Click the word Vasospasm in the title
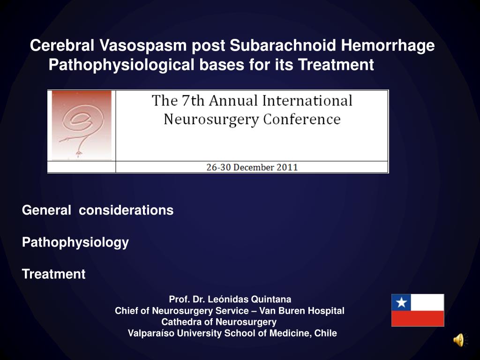pos(143,45)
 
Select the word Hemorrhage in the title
pos(388,45)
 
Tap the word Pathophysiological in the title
pos(121,65)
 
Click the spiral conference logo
pos(82,125)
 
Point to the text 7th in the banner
pos(193,100)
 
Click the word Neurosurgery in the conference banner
pos(211,120)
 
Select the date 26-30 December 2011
pos(252,167)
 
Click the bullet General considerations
pos(97,210)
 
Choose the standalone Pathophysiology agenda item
pos(75,242)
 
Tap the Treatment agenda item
pos(53,274)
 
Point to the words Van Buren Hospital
pos(302,311)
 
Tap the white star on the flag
pos(401,303)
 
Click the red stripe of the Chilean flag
pos(418,319)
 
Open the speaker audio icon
pos(459,340)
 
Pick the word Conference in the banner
pos(302,119)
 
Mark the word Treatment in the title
pos(336,65)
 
